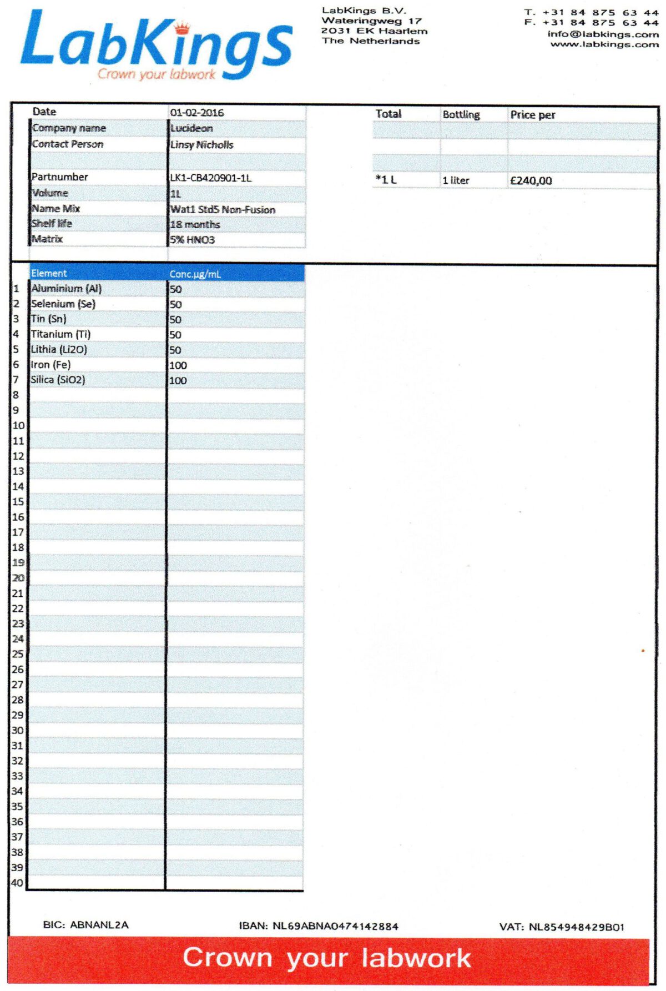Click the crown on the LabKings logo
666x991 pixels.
coord(182,27)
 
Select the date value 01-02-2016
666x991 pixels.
coord(197,113)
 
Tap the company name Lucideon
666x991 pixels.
coord(191,128)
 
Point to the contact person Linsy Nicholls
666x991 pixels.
coord(201,144)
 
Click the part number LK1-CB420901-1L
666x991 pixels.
coord(210,178)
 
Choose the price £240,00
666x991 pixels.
coord(531,180)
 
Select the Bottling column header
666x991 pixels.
coord(461,114)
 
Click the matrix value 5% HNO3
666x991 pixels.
coord(193,240)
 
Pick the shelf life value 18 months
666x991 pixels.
coord(195,224)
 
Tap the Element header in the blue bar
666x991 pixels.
coord(49,273)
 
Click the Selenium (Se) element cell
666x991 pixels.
coord(63,304)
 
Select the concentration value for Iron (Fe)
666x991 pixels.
coord(178,365)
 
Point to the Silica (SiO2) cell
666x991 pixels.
coord(58,380)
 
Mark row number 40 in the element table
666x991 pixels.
coord(17,883)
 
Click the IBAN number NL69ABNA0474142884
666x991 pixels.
coord(335,926)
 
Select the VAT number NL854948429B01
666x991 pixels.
coord(576,927)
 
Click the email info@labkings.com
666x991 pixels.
coord(603,34)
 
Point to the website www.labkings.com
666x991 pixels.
coord(604,44)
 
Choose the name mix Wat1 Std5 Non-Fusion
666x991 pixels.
coord(223,209)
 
